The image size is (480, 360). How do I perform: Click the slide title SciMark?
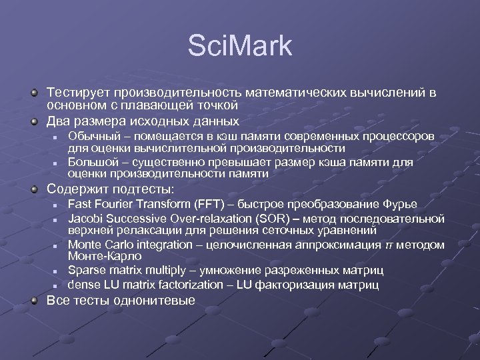[240, 47]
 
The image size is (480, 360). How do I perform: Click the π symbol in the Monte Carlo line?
[389, 245]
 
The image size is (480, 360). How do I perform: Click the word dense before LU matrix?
[83, 285]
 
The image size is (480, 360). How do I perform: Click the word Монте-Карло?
[105, 256]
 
